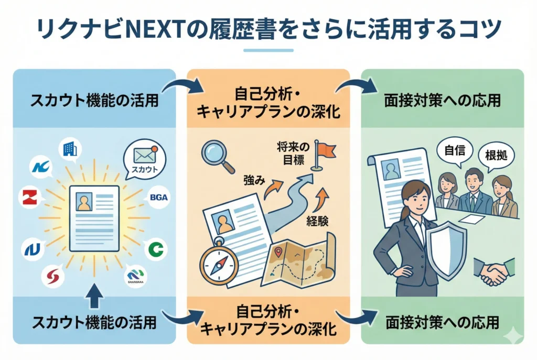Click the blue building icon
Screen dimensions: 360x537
point(69,149)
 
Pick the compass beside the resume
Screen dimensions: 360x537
point(219,265)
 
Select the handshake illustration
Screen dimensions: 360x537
point(492,271)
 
